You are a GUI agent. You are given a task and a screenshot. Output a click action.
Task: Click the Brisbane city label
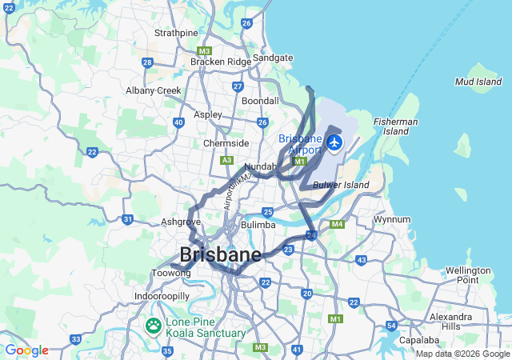pyautogui.click(x=221, y=256)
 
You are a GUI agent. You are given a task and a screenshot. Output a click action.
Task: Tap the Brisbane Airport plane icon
pyautogui.click(x=334, y=143)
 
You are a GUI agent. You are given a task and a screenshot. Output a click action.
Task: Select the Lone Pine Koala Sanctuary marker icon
pyautogui.click(x=153, y=326)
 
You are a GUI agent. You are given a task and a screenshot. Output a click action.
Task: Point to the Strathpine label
pyautogui.click(x=176, y=33)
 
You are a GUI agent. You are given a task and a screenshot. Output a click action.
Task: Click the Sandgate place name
pyautogui.click(x=273, y=58)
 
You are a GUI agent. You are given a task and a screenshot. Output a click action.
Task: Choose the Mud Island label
pyautogui.click(x=478, y=82)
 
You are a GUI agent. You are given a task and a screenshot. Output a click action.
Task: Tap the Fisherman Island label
pyautogui.click(x=395, y=126)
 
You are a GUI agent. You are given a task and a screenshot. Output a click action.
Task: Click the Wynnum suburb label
pyautogui.click(x=392, y=219)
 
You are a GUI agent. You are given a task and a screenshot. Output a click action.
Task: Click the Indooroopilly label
pyautogui.click(x=162, y=296)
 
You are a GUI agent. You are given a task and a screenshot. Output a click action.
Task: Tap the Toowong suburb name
pyautogui.click(x=171, y=273)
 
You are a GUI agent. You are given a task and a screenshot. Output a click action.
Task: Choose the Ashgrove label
pyautogui.click(x=181, y=222)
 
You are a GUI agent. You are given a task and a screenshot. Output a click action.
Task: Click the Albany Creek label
pyautogui.click(x=154, y=90)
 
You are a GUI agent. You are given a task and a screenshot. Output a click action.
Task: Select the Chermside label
pyautogui.click(x=226, y=143)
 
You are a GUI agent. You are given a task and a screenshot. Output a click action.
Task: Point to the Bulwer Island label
pyautogui.click(x=341, y=186)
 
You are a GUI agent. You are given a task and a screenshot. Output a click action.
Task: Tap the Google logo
pyautogui.click(x=26, y=350)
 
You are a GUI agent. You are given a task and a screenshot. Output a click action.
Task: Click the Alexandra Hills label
pyautogui.click(x=450, y=322)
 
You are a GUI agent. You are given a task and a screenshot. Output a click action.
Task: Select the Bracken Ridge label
pyautogui.click(x=220, y=62)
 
